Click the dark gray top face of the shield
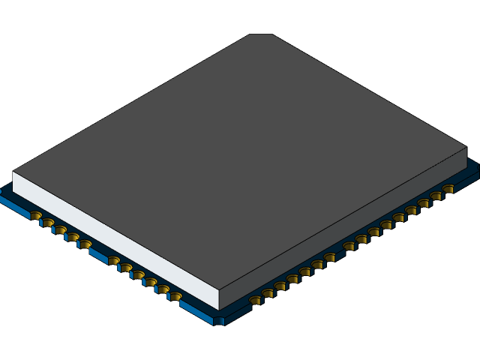(x=240, y=150)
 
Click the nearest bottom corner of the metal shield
(x=218, y=308)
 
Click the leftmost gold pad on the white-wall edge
(x=36, y=216)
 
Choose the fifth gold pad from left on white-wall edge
(x=85, y=244)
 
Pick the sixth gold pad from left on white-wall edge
(x=114, y=260)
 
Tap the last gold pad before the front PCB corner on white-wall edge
(x=175, y=296)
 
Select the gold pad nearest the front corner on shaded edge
(x=256, y=300)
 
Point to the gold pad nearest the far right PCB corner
(x=448, y=190)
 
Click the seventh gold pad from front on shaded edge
(x=330, y=257)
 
